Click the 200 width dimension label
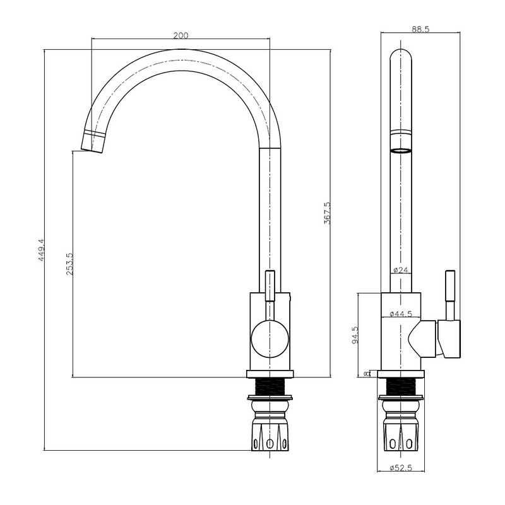(181, 35)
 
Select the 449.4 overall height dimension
(41, 251)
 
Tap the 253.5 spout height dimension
(69, 263)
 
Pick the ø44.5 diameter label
(401, 314)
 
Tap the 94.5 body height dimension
(355, 335)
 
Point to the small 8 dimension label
(367, 373)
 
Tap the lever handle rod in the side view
(451, 294)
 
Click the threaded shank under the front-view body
(270, 386)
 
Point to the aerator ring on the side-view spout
(401, 151)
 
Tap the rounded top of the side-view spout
(401, 56)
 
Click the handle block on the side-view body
(449, 338)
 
